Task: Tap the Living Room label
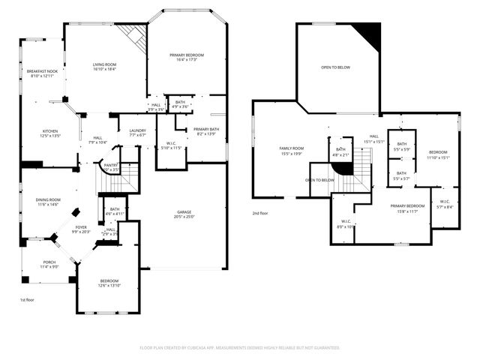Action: point(104,67)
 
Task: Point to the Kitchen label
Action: point(50,133)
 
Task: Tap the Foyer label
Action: point(80,229)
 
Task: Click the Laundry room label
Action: point(137,133)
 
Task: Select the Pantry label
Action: point(111,167)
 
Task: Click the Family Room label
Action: point(292,151)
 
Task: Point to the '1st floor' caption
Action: point(28,300)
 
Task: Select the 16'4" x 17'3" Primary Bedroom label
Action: point(187,57)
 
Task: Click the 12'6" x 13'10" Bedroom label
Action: point(109,283)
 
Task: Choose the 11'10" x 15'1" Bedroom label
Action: point(438,154)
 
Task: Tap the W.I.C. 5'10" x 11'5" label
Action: point(171,145)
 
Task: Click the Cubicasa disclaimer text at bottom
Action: point(240,348)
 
